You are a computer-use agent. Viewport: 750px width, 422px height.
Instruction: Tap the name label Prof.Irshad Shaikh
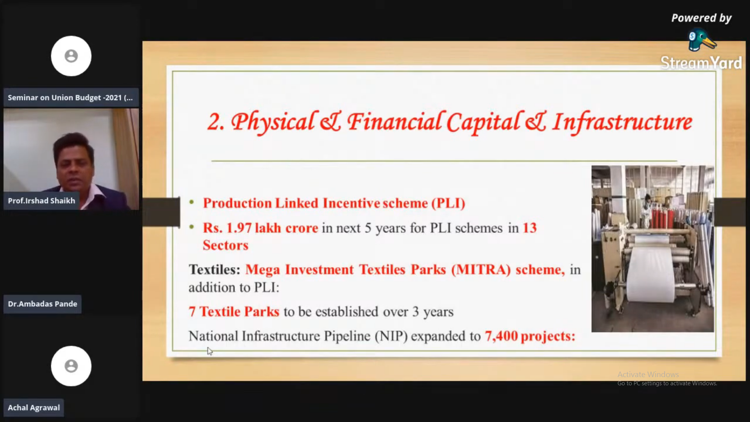tap(41, 201)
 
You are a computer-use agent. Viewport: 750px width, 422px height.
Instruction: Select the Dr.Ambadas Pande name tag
tap(43, 304)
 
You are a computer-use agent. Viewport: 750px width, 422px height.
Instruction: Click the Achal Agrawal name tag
tap(34, 408)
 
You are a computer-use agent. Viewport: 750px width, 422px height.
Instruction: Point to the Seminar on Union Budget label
tap(70, 98)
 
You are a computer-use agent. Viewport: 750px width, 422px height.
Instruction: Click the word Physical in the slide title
tap(273, 122)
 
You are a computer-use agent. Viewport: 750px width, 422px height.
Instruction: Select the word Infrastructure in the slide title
tap(622, 122)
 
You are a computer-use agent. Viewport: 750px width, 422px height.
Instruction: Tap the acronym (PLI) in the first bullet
tap(448, 203)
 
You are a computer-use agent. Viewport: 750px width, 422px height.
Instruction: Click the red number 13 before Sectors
tap(530, 228)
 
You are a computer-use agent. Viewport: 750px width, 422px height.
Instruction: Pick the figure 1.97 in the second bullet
tap(239, 228)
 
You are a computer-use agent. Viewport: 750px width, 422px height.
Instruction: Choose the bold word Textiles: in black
tap(214, 270)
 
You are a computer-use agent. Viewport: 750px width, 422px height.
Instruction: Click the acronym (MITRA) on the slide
tap(481, 270)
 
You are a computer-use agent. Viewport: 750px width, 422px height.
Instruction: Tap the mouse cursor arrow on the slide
tap(210, 351)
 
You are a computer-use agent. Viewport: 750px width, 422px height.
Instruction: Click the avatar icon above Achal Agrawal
tap(71, 366)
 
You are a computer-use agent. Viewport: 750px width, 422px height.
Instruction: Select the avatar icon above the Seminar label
tap(71, 56)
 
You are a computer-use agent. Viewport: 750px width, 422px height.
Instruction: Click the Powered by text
tap(701, 18)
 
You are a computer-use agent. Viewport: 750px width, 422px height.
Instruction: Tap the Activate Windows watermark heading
tap(648, 374)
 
